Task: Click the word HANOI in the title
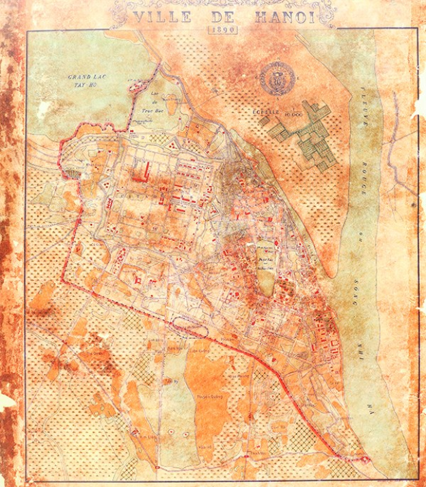(282, 17)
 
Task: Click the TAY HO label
(84, 87)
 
